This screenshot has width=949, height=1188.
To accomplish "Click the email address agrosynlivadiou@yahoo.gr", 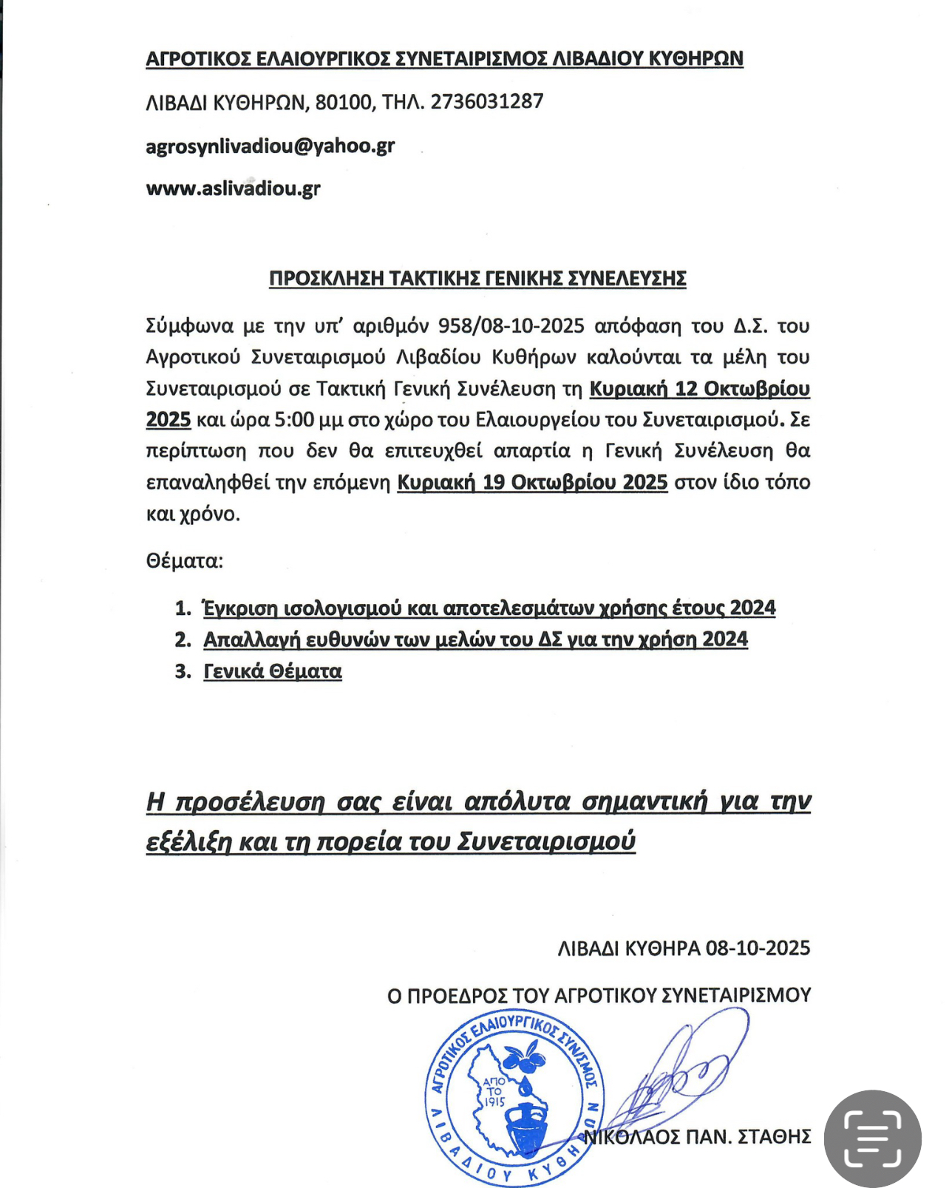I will pyautogui.click(x=270, y=146).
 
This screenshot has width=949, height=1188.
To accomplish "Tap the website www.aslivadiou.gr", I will pyautogui.click(x=233, y=189).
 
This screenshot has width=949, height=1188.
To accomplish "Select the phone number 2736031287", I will pyautogui.click(x=487, y=101).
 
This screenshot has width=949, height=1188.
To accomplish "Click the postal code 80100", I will pyautogui.click(x=344, y=102).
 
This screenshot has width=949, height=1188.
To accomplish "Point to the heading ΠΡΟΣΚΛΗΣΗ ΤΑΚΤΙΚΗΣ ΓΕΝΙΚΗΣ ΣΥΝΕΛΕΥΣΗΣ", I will pyautogui.click(x=477, y=279).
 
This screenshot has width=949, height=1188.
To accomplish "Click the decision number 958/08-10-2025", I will pyautogui.click(x=511, y=326).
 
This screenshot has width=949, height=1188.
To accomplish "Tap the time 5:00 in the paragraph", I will pyautogui.click(x=293, y=420).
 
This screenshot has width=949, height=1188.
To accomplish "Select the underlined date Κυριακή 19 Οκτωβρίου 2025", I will pyautogui.click(x=532, y=483).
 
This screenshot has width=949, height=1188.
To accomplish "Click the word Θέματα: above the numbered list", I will pyautogui.click(x=185, y=560).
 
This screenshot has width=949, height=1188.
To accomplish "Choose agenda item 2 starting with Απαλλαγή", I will pyautogui.click(x=475, y=639).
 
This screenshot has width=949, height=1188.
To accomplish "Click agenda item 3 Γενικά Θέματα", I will pyautogui.click(x=273, y=671).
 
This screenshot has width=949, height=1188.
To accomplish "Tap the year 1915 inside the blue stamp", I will pyautogui.click(x=494, y=1102).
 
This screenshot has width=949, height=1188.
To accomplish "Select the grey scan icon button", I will pyautogui.click(x=873, y=1138).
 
